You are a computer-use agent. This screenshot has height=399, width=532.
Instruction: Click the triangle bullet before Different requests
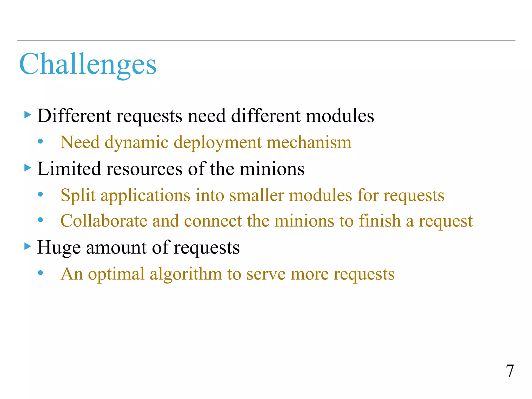pyautogui.click(x=28, y=115)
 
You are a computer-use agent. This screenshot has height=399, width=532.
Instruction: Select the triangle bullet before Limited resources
pyautogui.click(x=28, y=168)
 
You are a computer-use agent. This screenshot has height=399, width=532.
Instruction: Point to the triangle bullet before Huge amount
pyautogui.click(x=28, y=246)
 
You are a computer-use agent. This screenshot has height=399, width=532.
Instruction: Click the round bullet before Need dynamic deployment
pyautogui.click(x=40, y=142)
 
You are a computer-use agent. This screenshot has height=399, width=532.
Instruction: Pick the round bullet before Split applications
pyautogui.click(x=40, y=194)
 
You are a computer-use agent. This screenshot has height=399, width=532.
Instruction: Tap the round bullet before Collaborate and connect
pyautogui.click(x=40, y=220)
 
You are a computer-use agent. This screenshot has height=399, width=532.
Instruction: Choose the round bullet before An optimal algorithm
pyautogui.click(x=40, y=273)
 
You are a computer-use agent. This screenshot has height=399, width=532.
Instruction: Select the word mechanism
pyautogui.click(x=309, y=142)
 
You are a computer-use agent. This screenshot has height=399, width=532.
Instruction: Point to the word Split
pyautogui.click(x=78, y=195)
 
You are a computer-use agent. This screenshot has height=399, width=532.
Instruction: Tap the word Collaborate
pyautogui.click(x=104, y=221)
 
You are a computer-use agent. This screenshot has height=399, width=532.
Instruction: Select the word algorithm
pyautogui.click(x=185, y=274)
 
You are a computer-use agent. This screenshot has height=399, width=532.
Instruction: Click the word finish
pyautogui.click(x=380, y=221)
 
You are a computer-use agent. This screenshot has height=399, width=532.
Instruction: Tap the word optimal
pyautogui.click(x=116, y=274)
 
